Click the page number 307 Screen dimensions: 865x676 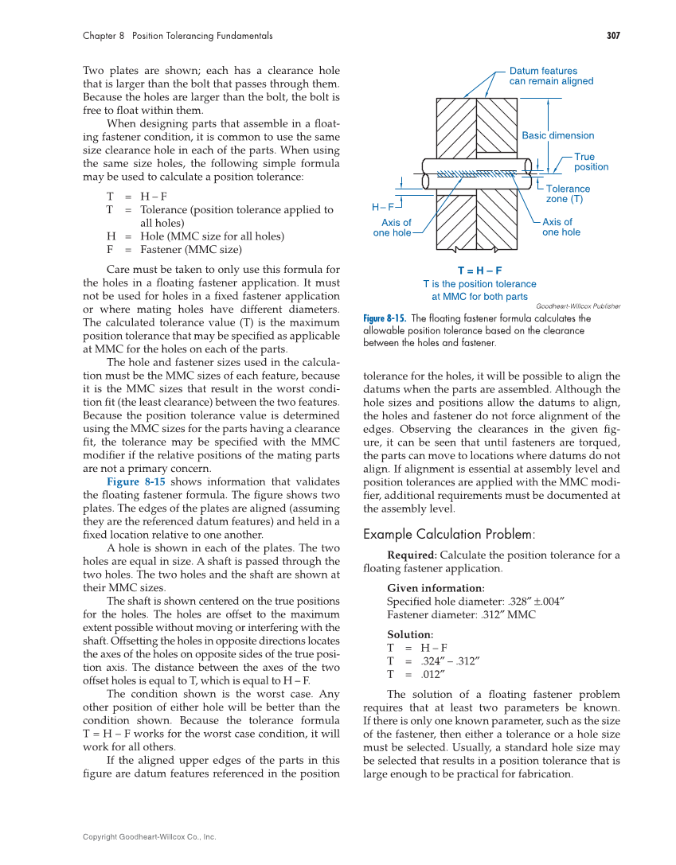[x=612, y=36]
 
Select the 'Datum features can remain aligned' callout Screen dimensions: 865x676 [x=550, y=76]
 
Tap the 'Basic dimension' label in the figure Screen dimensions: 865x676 [x=557, y=135]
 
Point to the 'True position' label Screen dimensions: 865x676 [x=591, y=162]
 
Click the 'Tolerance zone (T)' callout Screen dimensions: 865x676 [x=569, y=194]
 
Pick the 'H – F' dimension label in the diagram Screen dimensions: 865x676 [x=383, y=207]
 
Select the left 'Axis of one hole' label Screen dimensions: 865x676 [x=393, y=228]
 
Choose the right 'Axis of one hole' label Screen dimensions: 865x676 [x=561, y=228]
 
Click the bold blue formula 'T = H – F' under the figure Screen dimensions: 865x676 [x=479, y=271]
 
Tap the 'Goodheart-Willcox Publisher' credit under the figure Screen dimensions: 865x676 [x=578, y=306]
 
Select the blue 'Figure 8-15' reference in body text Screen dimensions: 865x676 [x=135, y=481]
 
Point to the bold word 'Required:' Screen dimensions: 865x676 [x=412, y=555]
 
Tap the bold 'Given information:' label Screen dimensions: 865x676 [x=436, y=589]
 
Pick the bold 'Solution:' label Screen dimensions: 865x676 [x=410, y=635]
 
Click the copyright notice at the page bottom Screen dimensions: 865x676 [x=150, y=836]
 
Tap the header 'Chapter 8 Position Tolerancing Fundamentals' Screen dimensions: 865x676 [x=178, y=36]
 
